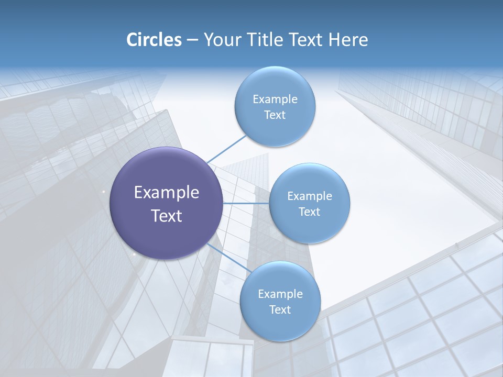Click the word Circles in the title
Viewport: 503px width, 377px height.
click(154, 40)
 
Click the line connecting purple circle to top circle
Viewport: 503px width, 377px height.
click(226, 149)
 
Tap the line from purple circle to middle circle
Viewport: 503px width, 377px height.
click(246, 203)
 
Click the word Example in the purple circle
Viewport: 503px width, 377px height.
click(166, 193)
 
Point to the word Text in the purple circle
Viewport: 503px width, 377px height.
click(166, 216)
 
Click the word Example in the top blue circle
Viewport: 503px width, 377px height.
click(275, 99)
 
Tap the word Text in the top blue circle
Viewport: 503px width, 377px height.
click(275, 115)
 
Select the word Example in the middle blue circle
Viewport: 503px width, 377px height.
click(309, 196)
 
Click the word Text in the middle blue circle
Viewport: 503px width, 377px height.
click(309, 212)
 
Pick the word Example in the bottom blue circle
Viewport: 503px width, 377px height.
click(280, 294)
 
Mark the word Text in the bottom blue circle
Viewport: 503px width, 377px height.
click(280, 310)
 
